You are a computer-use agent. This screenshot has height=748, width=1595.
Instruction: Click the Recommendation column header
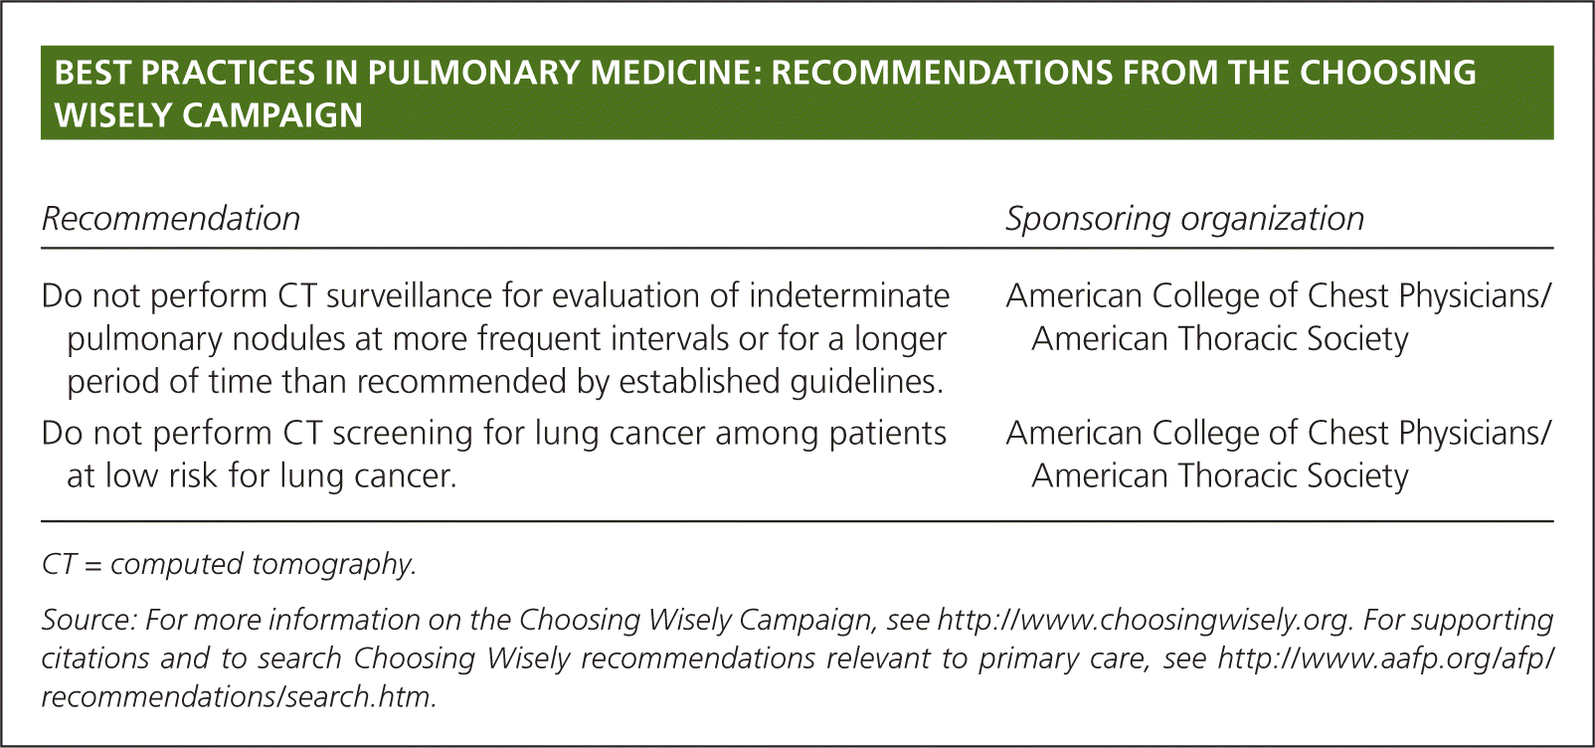tap(171, 219)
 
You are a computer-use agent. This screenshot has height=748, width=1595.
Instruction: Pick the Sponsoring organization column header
tap(1185, 219)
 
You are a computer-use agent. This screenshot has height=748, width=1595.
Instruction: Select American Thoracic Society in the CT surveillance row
tap(1220, 338)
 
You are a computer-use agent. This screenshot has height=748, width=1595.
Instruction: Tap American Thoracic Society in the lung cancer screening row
tap(1220, 475)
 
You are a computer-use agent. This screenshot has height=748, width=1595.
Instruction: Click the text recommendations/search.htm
tap(239, 696)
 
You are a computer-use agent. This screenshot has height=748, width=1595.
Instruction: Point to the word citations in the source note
tap(94, 658)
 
